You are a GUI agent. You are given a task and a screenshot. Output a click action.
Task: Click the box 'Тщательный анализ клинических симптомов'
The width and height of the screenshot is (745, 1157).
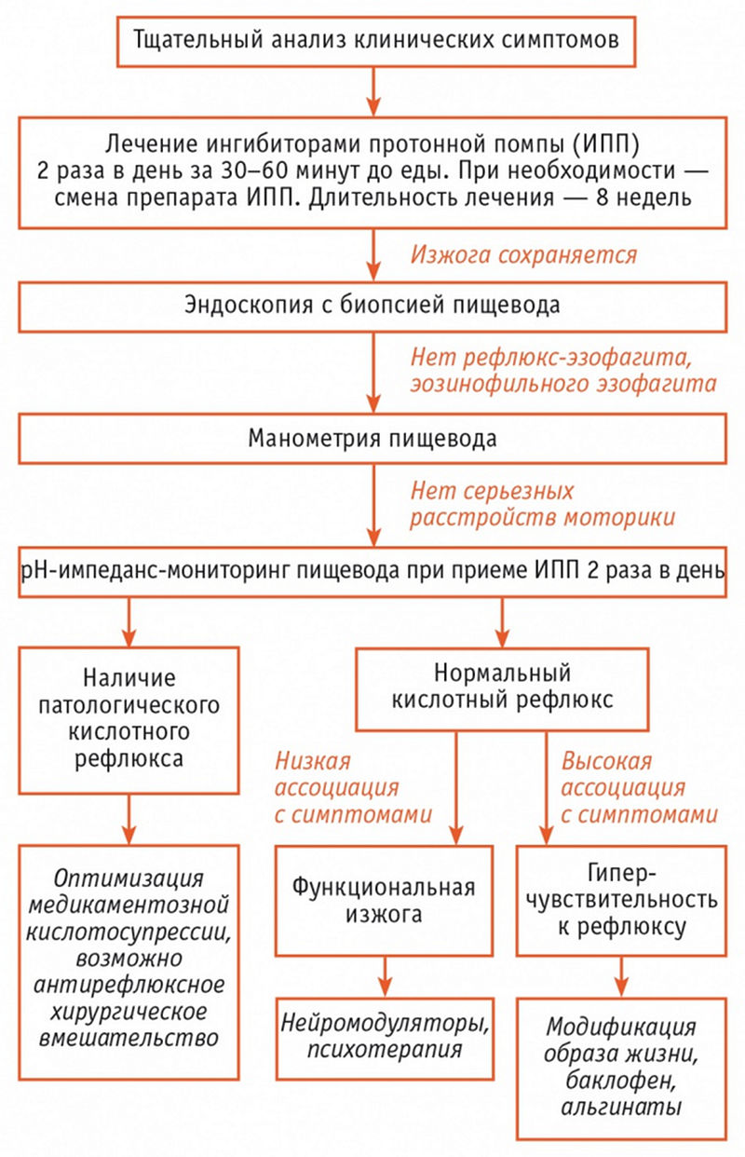point(376,41)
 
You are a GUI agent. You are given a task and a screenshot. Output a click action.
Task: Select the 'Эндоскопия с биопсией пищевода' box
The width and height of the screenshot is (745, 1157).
point(372,306)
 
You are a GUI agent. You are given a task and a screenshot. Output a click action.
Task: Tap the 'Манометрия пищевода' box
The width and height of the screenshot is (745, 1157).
point(372,439)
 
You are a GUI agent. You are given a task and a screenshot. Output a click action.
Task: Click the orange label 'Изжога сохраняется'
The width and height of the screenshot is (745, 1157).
point(523,255)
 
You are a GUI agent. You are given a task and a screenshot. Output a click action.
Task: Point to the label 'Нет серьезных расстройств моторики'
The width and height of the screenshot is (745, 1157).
point(543,505)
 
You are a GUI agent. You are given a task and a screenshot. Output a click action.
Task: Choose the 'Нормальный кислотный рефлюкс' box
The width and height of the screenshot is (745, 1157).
point(502,689)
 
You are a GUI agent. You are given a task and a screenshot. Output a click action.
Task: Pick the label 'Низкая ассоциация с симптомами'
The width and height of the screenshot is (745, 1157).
point(353,788)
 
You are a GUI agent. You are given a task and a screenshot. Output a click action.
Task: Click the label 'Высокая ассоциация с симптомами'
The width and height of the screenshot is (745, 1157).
point(639,788)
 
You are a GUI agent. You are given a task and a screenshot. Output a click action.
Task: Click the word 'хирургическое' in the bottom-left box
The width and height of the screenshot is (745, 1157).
point(129,1012)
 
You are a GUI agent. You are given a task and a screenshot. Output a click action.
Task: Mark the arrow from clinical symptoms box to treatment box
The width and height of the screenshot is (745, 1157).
point(373,91)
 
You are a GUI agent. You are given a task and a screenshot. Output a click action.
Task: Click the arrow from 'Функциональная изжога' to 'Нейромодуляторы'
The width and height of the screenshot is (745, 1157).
point(385,976)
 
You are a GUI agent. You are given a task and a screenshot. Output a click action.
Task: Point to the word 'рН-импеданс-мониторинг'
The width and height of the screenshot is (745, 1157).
point(155,572)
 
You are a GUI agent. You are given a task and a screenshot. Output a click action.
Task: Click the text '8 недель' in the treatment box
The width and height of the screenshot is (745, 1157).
point(643,197)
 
